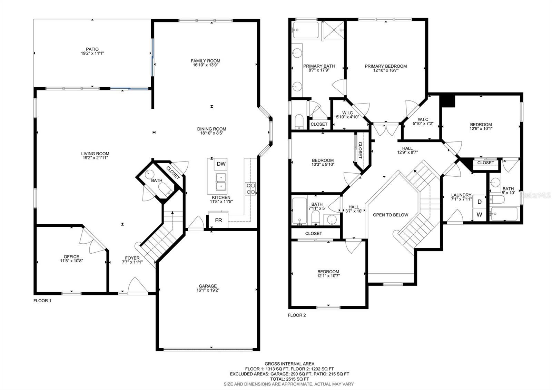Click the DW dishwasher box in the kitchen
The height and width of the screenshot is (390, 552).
(x=220, y=164)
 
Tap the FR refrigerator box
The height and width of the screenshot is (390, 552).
(x=218, y=220)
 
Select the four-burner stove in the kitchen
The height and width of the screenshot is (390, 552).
(x=250, y=188)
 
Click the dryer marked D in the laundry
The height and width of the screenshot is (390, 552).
(x=479, y=202)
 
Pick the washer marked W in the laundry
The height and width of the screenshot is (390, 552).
(x=479, y=214)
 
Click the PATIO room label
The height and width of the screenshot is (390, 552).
(x=92, y=49)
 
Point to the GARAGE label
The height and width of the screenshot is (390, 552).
(x=208, y=286)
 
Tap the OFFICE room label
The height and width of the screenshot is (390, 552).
(x=71, y=257)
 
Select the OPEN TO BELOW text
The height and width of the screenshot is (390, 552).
(x=391, y=215)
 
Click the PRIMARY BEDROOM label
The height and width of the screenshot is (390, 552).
(x=386, y=66)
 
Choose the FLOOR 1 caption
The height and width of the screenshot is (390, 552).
(x=42, y=301)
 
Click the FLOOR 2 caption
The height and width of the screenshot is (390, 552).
(x=297, y=315)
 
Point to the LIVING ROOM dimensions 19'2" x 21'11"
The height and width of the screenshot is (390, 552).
(x=95, y=158)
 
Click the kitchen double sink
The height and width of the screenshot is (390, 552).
(x=221, y=182)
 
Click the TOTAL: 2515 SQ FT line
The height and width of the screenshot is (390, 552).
(x=289, y=379)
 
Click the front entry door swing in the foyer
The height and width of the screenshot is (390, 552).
(x=138, y=285)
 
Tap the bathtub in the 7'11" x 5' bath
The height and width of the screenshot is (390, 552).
(x=300, y=211)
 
